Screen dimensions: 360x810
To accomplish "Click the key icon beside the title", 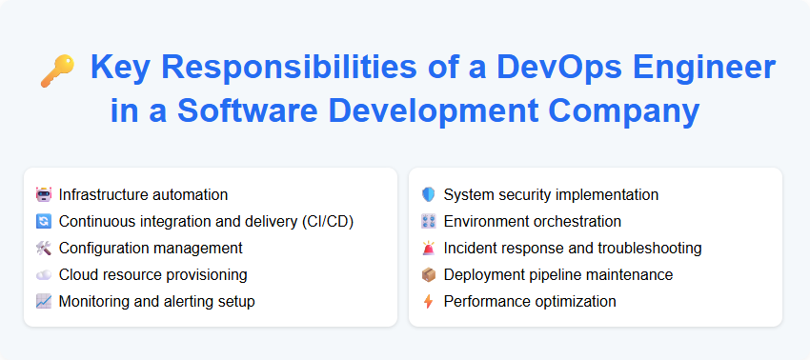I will (x=57, y=70).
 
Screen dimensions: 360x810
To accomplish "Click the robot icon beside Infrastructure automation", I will (x=43, y=195).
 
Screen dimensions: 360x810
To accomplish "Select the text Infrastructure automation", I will (x=143, y=195).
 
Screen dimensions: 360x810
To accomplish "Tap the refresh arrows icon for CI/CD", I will (x=43, y=222).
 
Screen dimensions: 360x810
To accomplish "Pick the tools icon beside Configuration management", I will (x=43, y=249).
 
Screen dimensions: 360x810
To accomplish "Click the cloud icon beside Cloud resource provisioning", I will (x=43, y=275).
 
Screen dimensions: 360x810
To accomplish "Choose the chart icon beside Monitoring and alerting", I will (x=43, y=302).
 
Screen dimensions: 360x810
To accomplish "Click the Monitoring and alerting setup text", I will (x=156, y=302).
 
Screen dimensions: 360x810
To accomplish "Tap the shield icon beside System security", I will (x=428, y=195).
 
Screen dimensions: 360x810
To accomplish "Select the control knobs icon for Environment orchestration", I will (x=428, y=222).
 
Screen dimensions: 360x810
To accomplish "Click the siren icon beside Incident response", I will (x=428, y=249).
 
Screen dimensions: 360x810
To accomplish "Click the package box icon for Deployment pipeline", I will (x=428, y=275).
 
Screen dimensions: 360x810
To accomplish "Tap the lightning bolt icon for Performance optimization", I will (x=428, y=302).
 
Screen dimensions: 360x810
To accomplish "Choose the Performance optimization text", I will (x=530, y=302).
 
